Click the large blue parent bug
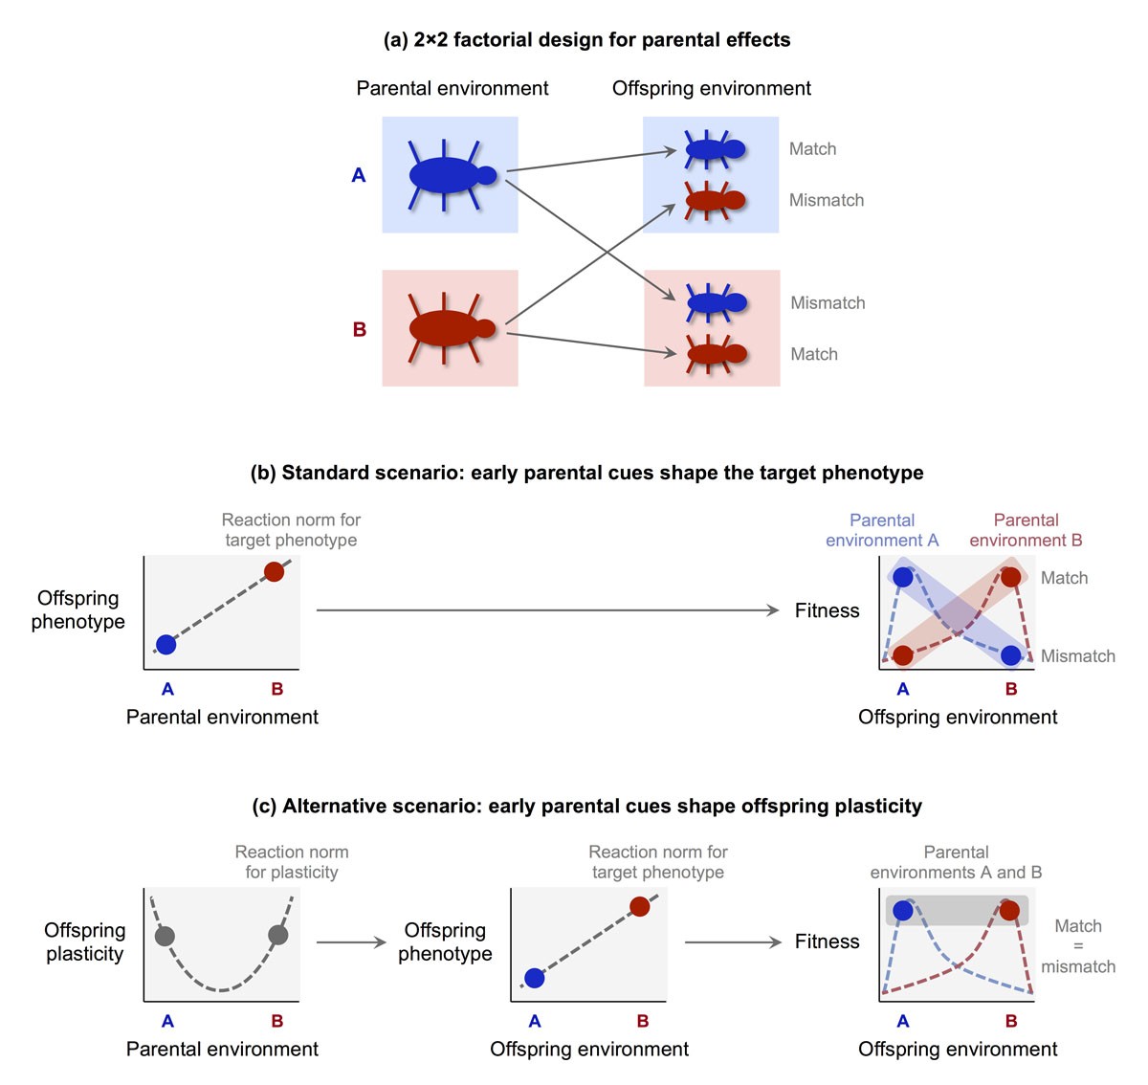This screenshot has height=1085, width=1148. coord(446,175)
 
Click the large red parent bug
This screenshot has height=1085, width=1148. coord(446,328)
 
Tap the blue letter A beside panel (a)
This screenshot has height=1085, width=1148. coord(359,175)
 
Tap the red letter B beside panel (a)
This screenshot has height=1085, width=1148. coord(360,329)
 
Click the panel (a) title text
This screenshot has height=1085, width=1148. coord(586,40)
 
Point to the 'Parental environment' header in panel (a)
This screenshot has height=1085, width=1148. coord(453,89)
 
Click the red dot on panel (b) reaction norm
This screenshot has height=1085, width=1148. coord(275,572)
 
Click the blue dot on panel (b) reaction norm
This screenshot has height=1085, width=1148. coord(166,644)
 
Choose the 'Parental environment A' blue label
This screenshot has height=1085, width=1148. coord(882,530)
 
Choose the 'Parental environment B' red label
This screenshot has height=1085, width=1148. coord(1026,530)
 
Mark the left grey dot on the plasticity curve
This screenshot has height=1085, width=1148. coord(165,936)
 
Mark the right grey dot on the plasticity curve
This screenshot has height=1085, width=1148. coord(278,935)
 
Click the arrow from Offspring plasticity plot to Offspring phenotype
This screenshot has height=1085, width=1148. coord(351,942)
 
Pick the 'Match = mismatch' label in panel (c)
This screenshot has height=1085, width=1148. coord(1078,946)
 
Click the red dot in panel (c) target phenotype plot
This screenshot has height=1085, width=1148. coord(640,906)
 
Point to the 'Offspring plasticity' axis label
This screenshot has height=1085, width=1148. coord(84,941)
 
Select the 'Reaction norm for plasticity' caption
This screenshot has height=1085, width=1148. coord(292,862)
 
